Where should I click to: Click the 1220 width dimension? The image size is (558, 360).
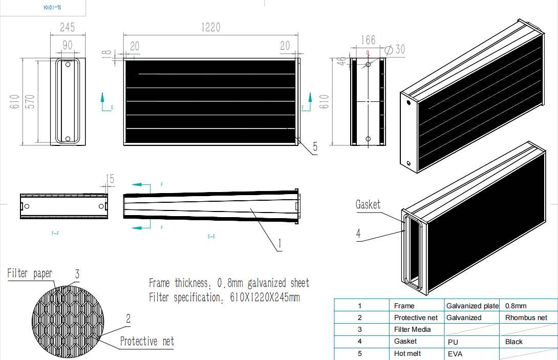click(x=210, y=27)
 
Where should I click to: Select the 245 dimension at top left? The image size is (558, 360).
click(x=68, y=27)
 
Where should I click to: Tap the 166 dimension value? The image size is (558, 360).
click(x=368, y=40)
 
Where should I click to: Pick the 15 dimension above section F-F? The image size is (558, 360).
click(x=110, y=179)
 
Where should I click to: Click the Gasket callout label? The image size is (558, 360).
click(x=368, y=205)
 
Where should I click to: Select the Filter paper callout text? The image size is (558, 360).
click(x=30, y=273)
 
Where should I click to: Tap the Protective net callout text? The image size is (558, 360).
click(x=147, y=342)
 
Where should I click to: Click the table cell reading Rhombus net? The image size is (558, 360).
click(x=526, y=317)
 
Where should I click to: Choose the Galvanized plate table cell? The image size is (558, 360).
click(x=472, y=306)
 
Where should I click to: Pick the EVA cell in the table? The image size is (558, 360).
click(x=455, y=354)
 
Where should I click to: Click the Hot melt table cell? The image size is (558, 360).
click(x=408, y=354)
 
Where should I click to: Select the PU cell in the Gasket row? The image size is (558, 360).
click(x=453, y=342)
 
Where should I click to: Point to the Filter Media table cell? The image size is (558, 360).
click(x=412, y=329)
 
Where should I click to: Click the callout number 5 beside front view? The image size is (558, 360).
click(x=315, y=147)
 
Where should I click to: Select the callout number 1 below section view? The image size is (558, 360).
click(x=280, y=244)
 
